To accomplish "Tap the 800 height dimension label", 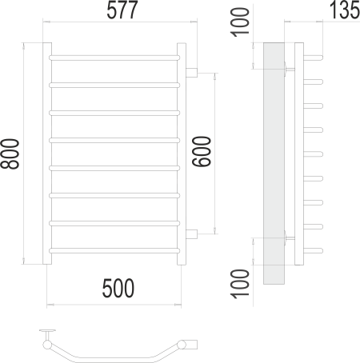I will pos(11,151).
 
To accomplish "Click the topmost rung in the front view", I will pos(114,58).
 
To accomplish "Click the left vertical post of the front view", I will pos(47,152).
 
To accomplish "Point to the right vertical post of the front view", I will pos(183,152).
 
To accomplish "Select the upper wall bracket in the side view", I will pos(289,70).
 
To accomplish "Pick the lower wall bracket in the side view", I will pos(289,237).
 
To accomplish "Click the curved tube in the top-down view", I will pos(112,355).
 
